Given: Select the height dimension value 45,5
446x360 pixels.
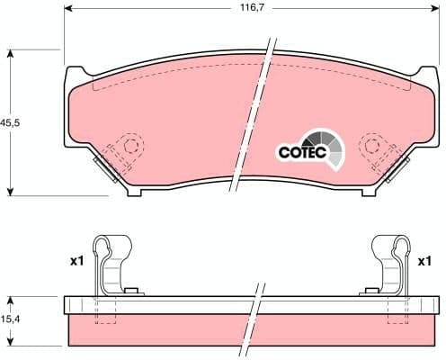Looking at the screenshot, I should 6,122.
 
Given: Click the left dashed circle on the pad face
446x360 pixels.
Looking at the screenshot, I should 133,146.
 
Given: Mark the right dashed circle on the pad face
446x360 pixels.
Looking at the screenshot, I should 370,146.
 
